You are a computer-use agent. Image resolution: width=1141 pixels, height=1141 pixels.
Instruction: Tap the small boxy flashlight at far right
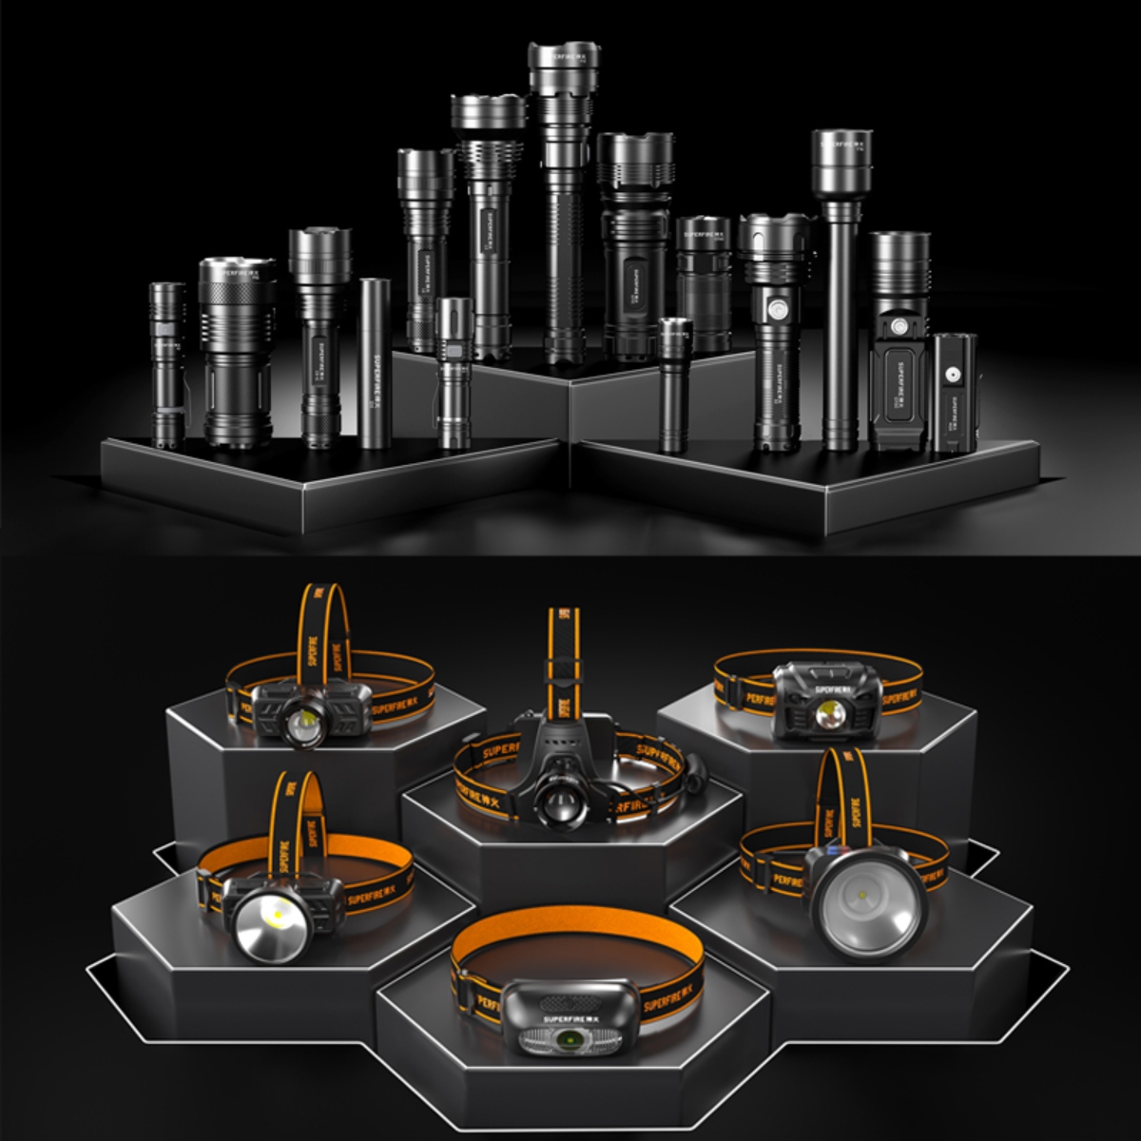pyautogui.click(x=954, y=391)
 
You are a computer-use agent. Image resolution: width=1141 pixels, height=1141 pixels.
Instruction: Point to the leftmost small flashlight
pyautogui.click(x=167, y=365)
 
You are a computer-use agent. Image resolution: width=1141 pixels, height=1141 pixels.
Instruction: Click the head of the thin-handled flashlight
pyautogui.click(x=841, y=152)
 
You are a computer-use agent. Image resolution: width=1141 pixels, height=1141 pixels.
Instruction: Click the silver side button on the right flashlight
pyautogui.click(x=777, y=309)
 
